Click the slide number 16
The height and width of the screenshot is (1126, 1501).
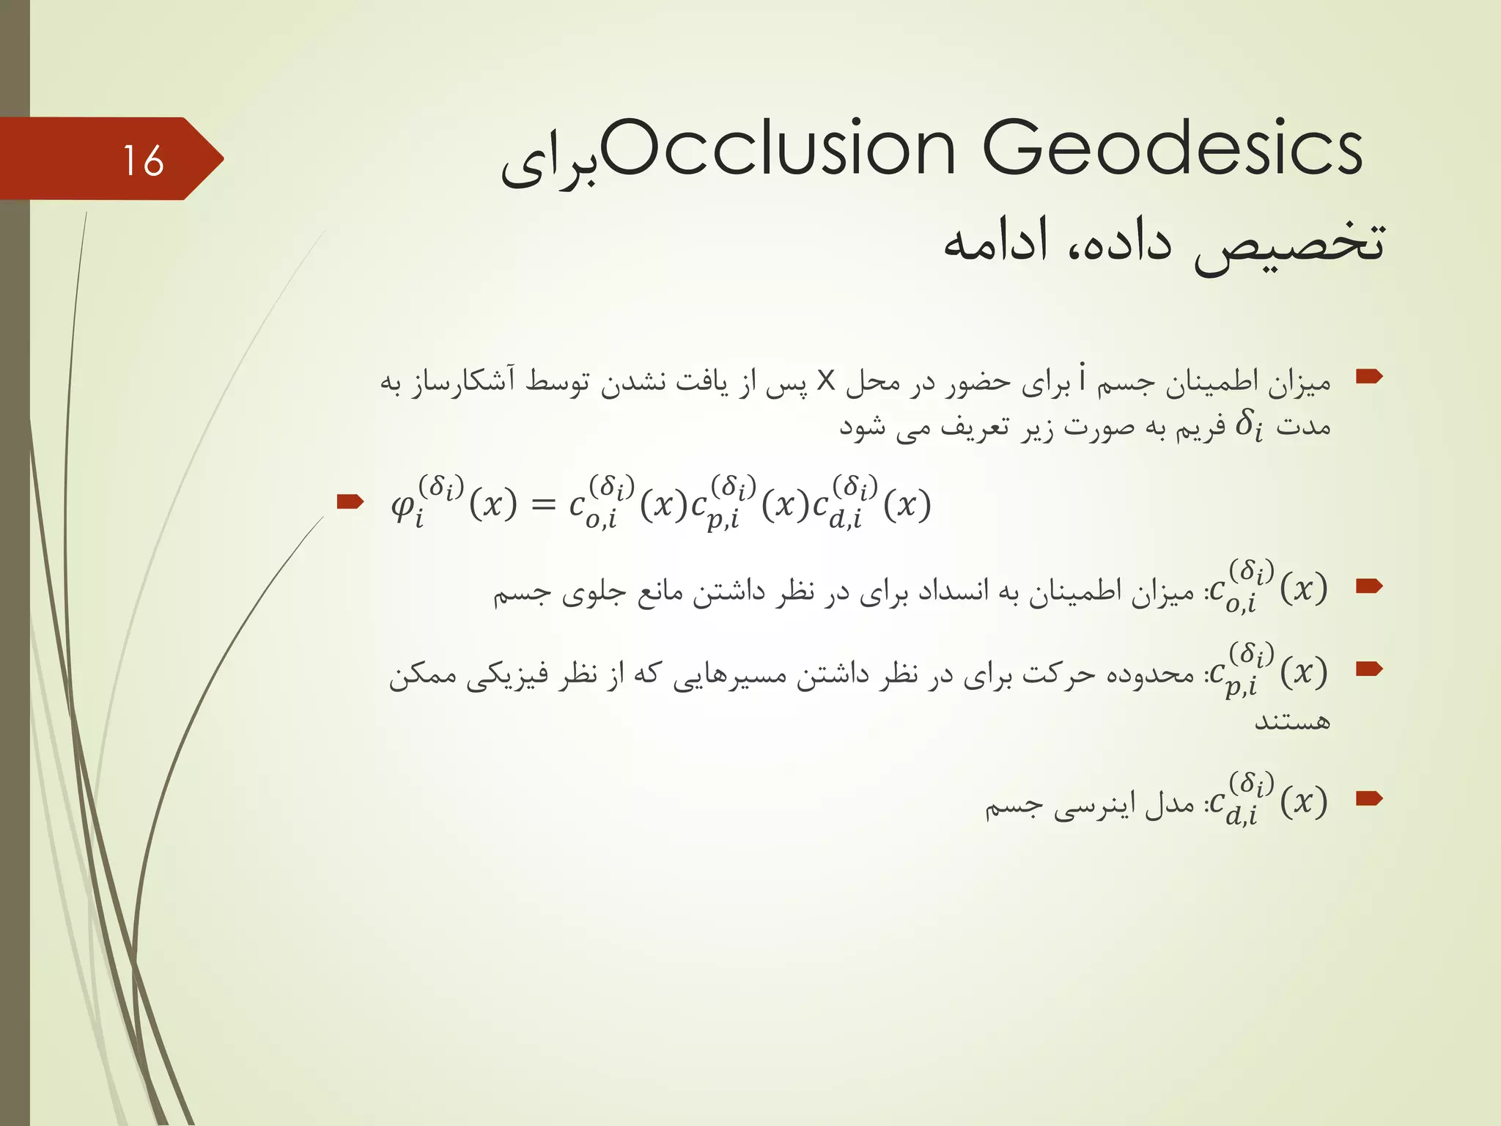(x=143, y=161)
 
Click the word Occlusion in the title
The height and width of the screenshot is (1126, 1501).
(x=778, y=149)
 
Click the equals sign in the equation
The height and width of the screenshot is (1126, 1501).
(x=543, y=504)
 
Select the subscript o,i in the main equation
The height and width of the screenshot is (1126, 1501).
(x=601, y=520)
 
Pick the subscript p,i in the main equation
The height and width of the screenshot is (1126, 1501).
(x=723, y=520)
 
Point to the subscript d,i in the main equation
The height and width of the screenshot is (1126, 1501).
(x=845, y=520)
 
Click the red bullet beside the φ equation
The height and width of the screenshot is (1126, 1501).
(x=350, y=502)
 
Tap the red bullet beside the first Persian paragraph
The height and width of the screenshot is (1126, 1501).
(x=1368, y=377)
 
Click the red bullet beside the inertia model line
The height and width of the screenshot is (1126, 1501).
(x=1368, y=798)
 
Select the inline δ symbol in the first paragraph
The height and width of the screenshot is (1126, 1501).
(x=1248, y=425)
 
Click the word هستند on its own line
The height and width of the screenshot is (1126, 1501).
(x=1292, y=721)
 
